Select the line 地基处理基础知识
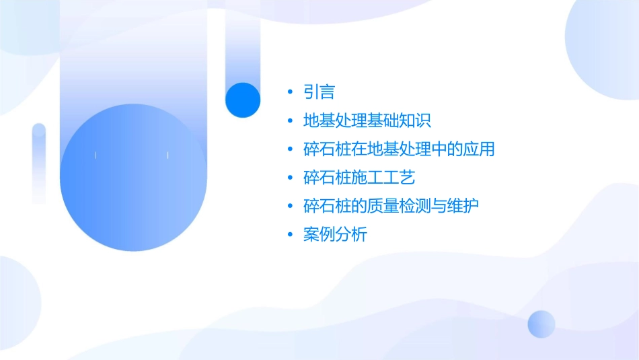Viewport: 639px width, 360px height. (x=367, y=121)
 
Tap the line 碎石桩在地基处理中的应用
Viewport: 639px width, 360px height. (x=399, y=149)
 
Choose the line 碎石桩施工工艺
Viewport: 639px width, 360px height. (x=359, y=178)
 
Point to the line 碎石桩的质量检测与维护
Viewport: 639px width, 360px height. (x=391, y=206)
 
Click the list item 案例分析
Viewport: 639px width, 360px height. (x=335, y=235)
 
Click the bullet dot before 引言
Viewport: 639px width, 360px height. (x=290, y=93)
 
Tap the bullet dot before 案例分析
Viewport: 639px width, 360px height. (x=290, y=236)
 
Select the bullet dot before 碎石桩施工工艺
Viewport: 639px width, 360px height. (x=290, y=178)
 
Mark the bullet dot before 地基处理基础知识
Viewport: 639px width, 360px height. (x=290, y=122)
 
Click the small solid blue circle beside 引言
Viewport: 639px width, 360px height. (x=242, y=100)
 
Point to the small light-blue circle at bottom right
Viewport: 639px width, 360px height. (x=541, y=324)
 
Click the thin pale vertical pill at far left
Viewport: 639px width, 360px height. (x=39, y=163)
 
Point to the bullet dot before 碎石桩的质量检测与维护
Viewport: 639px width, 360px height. (x=290, y=207)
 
